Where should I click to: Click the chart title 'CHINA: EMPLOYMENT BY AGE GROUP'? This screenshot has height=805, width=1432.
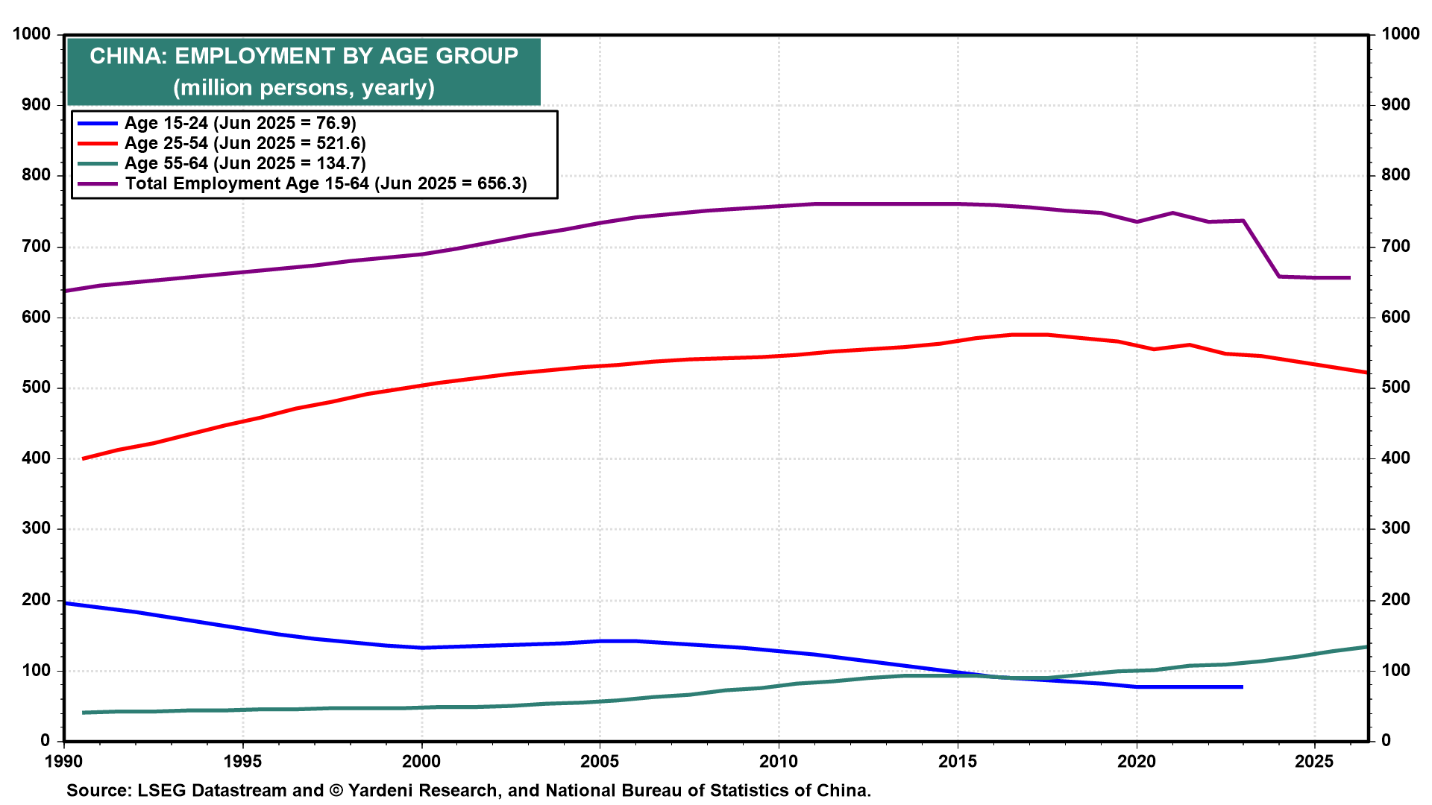coord(304,56)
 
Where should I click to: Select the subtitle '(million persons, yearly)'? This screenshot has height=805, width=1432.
coord(304,88)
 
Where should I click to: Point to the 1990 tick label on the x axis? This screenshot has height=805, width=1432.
coord(64,762)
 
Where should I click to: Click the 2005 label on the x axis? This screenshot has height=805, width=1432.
coord(600,762)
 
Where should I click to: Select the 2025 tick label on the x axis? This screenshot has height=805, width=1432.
coord(1314,762)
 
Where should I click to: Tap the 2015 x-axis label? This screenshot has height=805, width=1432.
coord(957,762)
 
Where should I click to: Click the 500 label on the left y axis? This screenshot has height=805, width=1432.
coord(37,388)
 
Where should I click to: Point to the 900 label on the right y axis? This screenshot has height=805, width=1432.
coord(1396,104)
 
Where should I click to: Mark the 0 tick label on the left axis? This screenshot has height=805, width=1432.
coord(45,741)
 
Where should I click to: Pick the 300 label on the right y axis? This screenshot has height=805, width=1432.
coord(1396,528)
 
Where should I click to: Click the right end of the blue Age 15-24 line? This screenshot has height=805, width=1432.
coord(1243,686)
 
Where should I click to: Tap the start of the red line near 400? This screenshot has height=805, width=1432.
coord(83,458)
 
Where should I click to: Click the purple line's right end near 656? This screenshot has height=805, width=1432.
coord(1350,278)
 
